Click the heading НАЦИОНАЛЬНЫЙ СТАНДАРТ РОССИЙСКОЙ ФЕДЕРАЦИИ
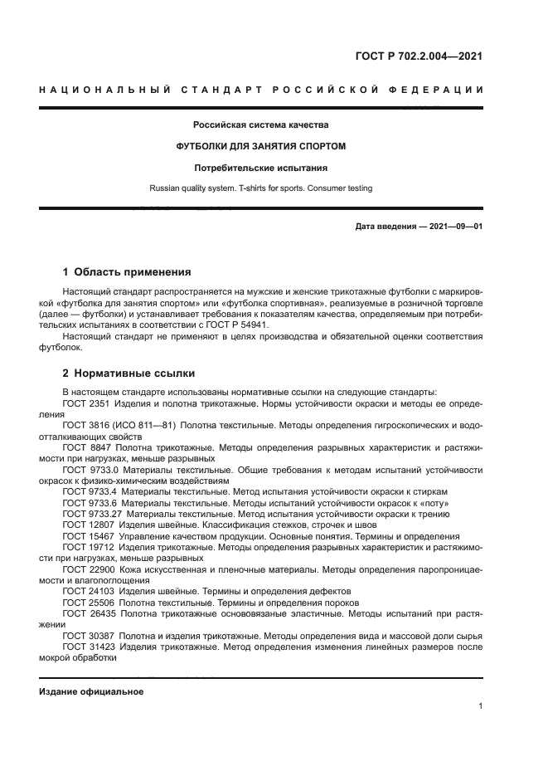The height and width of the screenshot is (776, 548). point(261,90)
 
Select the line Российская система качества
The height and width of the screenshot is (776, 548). point(261,125)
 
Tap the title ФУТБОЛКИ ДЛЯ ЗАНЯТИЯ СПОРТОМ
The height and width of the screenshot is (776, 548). point(261,146)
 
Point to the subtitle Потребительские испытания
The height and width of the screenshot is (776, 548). point(261,168)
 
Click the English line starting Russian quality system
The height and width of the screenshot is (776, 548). point(261,188)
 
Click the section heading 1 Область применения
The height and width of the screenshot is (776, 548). point(128,271)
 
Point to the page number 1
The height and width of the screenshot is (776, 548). point(480,706)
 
